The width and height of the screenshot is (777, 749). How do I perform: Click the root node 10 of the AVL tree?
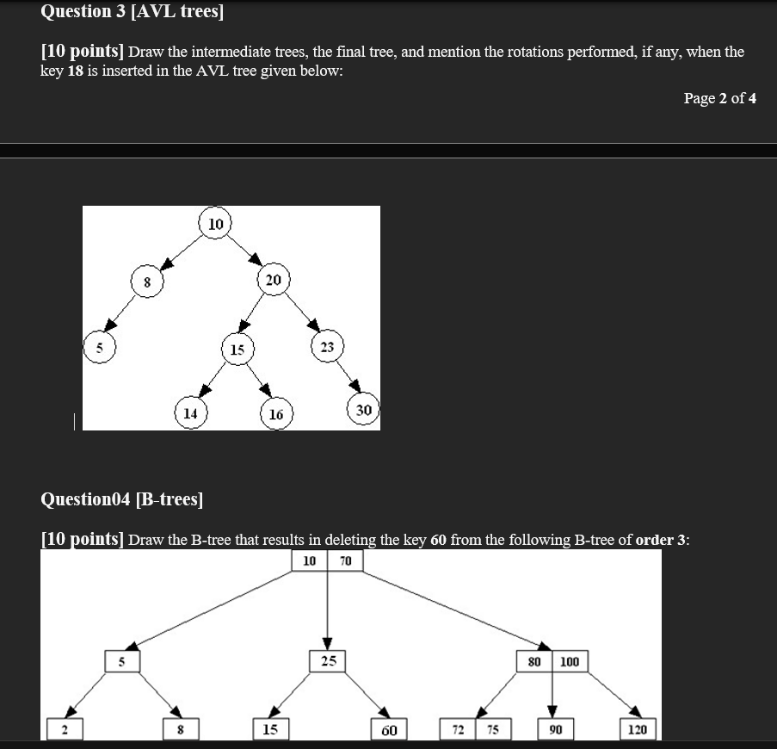tap(215, 224)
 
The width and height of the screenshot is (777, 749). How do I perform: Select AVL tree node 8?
tap(146, 282)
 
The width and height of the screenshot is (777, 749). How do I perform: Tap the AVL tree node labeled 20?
tap(273, 280)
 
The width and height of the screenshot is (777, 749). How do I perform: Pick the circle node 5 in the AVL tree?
tap(99, 349)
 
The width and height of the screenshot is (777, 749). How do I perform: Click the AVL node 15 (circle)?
tap(237, 350)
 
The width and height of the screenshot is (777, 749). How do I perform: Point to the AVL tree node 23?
tap(327, 346)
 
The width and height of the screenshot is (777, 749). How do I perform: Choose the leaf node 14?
tap(190, 412)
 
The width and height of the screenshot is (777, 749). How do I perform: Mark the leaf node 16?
tap(275, 414)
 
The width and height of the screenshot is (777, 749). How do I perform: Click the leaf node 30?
tap(363, 410)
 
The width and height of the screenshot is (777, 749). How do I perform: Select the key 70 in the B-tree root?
tap(346, 561)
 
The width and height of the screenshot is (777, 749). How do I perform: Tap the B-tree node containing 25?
tap(328, 661)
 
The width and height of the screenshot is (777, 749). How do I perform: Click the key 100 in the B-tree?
tap(570, 661)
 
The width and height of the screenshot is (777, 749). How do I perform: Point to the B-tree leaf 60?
tap(389, 730)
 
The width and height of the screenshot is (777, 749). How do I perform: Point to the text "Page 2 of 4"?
tap(719, 98)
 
